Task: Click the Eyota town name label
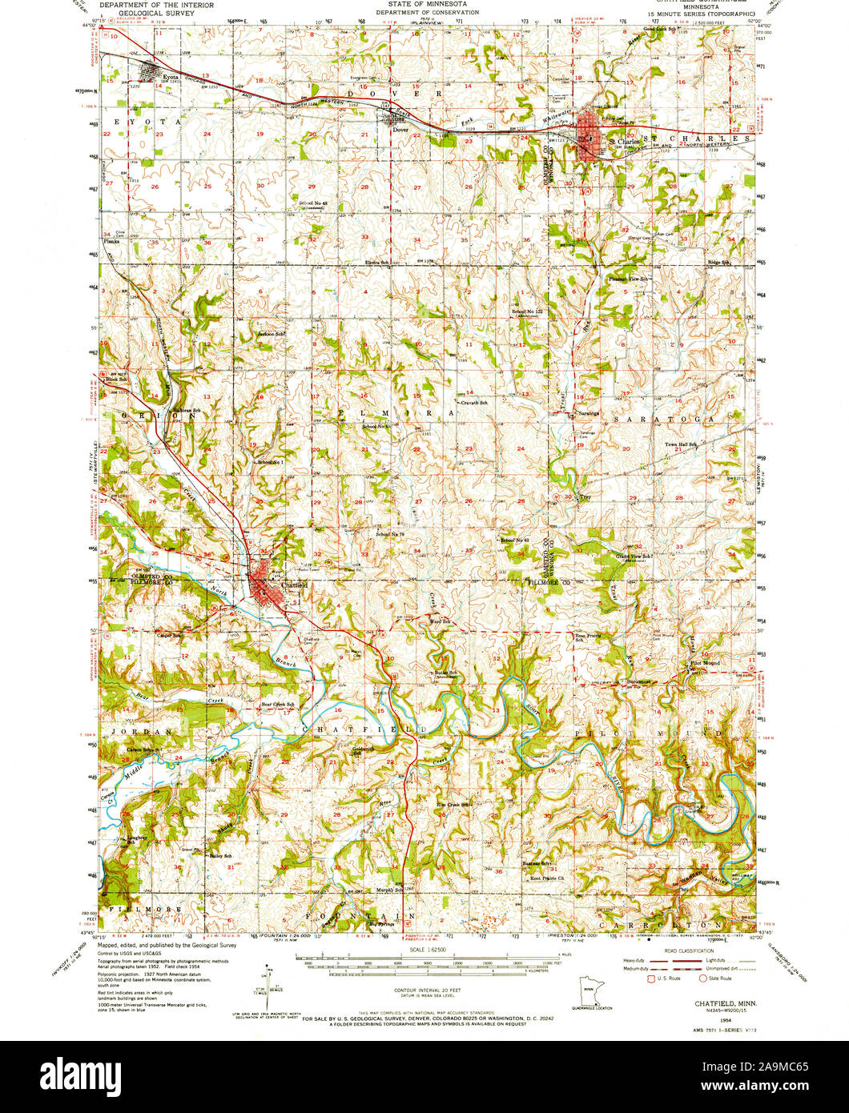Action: [170, 78]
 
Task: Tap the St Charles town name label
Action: [624, 142]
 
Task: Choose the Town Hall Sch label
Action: [681, 444]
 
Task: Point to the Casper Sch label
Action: [171, 636]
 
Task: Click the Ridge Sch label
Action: [720, 262]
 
